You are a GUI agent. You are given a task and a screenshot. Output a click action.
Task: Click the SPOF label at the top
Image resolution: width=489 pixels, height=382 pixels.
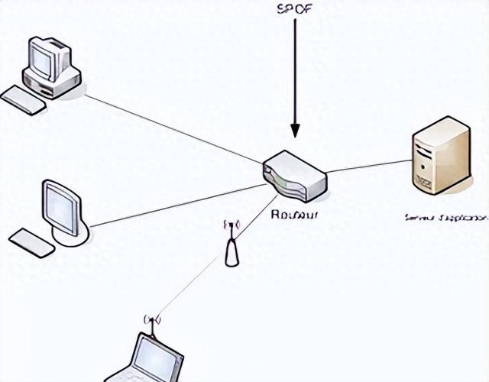(294, 9)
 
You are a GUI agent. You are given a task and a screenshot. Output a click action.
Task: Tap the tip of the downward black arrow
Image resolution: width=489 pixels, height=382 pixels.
(295, 138)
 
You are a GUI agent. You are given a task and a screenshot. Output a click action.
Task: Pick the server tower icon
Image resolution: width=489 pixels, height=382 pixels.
(441, 155)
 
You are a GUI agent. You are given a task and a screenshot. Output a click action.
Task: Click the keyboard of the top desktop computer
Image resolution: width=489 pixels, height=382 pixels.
(23, 100)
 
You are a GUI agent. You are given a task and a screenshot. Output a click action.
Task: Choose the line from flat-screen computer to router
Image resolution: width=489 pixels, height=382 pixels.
(176, 205)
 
